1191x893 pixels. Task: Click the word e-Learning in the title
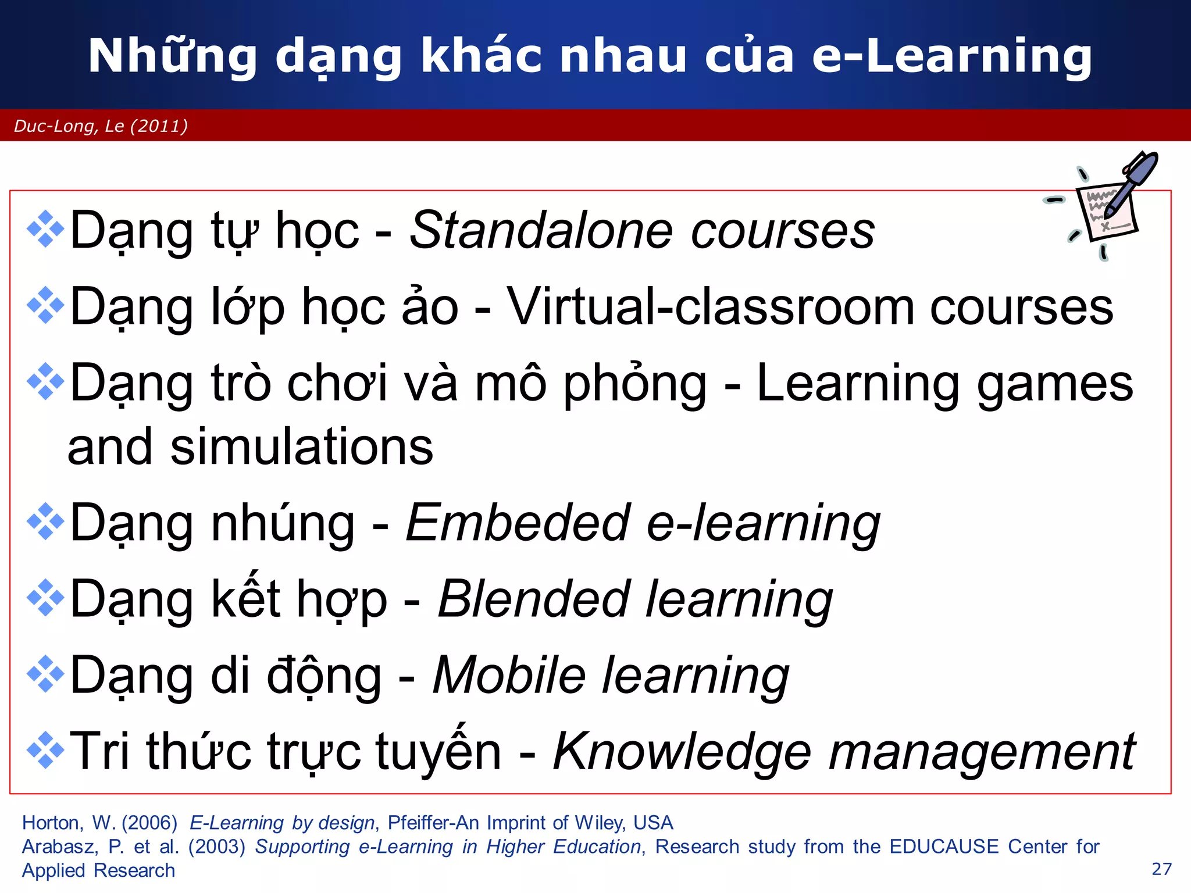[x=952, y=56]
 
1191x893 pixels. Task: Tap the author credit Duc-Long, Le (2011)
[x=101, y=126]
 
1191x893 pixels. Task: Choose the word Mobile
[x=509, y=676]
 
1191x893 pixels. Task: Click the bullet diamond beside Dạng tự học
[x=45, y=230]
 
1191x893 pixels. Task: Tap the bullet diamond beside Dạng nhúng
[x=45, y=522]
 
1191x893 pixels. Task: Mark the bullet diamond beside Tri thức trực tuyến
[x=45, y=751]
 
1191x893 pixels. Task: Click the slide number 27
[x=1161, y=869]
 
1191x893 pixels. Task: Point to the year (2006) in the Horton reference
[x=149, y=823]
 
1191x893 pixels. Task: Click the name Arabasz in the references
[x=59, y=846]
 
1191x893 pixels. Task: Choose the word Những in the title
[x=172, y=56]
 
